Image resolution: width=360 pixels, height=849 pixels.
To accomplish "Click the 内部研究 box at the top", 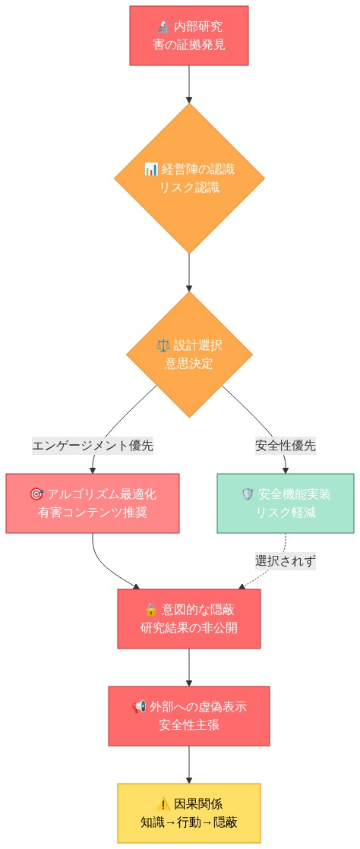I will pyautogui.click(x=188, y=36).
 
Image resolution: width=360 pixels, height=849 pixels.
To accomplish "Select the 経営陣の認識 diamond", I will pyautogui.click(x=189, y=178).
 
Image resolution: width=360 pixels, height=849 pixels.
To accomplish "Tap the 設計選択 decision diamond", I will pyautogui.click(x=189, y=354).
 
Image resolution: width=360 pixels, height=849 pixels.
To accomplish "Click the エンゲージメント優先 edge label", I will pyautogui.click(x=93, y=446).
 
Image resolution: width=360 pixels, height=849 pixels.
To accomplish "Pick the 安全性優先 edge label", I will pyautogui.click(x=286, y=446).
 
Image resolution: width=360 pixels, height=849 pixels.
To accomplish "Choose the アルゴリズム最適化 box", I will pyautogui.click(x=93, y=503).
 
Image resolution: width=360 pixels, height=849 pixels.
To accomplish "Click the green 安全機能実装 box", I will pyautogui.click(x=286, y=503).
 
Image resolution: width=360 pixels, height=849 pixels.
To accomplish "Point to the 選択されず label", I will pyautogui.click(x=286, y=561).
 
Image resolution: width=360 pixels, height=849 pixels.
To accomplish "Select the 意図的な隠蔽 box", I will pyautogui.click(x=189, y=618).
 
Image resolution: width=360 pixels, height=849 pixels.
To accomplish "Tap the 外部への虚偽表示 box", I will pyautogui.click(x=189, y=715).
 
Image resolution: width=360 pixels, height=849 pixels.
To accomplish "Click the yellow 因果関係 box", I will pyautogui.click(x=189, y=813).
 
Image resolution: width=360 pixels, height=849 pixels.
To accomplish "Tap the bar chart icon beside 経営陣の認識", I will pyautogui.click(x=150, y=169).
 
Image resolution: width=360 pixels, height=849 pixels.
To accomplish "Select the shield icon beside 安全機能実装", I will pyautogui.click(x=248, y=494).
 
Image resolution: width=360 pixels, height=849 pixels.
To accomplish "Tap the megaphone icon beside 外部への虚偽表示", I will pyautogui.click(x=139, y=707).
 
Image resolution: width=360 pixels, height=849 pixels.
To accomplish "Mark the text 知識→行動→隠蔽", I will pyautogui.click(x=189, y=822).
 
